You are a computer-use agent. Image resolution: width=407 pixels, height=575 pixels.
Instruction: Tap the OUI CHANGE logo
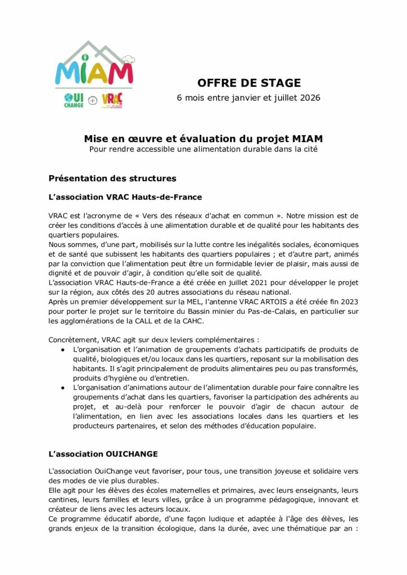point(74,101)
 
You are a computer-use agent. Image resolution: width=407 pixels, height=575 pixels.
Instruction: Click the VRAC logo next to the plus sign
point(112,101)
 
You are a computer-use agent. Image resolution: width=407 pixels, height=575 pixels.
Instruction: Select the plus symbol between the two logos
point(93,101)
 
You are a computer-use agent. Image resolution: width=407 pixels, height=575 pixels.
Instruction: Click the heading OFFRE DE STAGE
point(249,83)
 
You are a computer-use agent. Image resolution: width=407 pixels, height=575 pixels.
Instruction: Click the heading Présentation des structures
point(112,179)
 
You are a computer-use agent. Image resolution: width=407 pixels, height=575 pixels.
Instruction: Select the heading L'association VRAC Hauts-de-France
point(125,197)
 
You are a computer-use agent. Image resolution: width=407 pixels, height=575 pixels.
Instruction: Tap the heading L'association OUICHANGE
point(103,453)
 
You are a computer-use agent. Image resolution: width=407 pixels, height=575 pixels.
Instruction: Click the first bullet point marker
point(62,349)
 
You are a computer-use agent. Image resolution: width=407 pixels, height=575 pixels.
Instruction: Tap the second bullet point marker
point(62,388)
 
